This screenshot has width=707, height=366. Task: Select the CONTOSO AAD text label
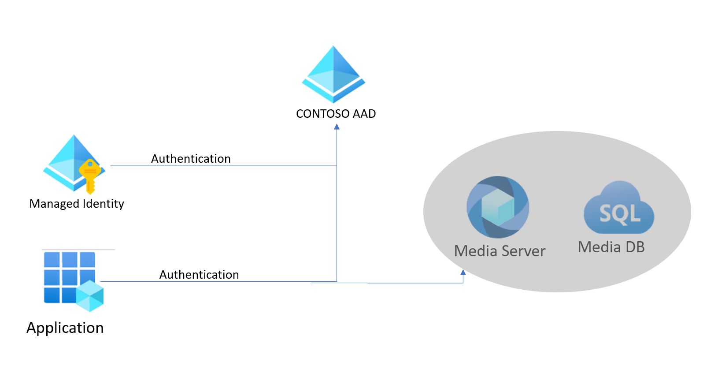336,114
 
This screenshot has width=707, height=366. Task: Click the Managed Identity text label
77,204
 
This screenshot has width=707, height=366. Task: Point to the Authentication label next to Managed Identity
191,159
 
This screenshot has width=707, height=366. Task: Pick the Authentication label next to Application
199,275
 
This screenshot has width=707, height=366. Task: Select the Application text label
65,328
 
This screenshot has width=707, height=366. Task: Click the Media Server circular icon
498,207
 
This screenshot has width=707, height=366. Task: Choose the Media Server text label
500,251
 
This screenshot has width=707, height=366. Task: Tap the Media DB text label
611,247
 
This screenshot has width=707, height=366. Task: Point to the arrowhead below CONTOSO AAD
337,127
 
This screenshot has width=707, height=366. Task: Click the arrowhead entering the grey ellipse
463,273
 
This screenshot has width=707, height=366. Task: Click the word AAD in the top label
364,114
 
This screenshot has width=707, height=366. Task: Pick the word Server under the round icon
523,251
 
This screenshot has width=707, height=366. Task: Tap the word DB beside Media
635,247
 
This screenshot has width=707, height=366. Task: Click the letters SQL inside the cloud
620,214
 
